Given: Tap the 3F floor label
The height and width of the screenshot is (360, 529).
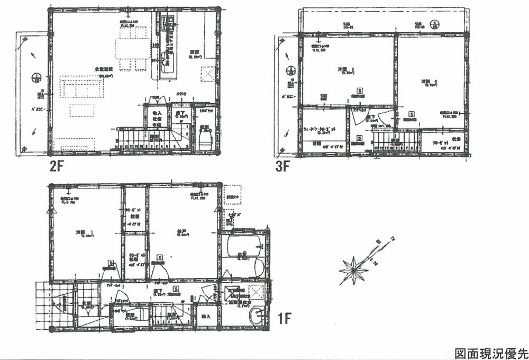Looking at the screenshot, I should pyautogui.click(x=282, y=167).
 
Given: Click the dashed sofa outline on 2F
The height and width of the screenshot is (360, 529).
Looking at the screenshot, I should pyautogui.click(x=80, y=87).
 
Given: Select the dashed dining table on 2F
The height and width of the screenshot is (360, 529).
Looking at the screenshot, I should pyautogui.click(x=132, y=48).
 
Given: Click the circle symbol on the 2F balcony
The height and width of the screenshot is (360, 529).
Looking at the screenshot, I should pyautogui.click(x=35, y=77).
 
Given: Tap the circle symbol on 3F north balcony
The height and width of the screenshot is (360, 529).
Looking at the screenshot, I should pyautogui.click(x=433, y=23).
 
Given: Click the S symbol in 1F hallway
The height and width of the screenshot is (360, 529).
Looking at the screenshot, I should pyautogui.click(x=175, y=289).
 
